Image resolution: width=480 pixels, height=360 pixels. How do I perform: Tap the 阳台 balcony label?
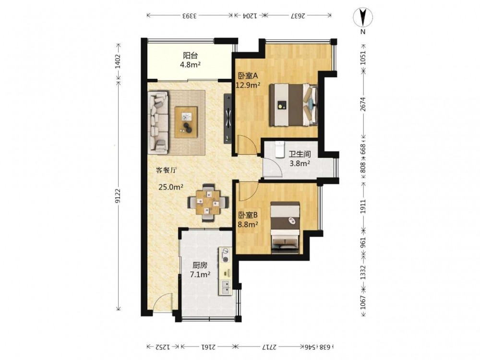[x=190, y=55]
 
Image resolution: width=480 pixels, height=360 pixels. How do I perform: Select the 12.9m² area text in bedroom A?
[x=248, y=85]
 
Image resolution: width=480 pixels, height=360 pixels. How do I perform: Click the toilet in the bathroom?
[x=279, y=149]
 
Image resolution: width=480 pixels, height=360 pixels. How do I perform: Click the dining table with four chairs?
[x=208, y=203]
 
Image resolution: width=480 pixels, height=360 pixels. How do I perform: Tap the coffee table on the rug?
[x=186, y=122]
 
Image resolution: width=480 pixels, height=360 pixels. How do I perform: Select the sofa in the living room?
[x=158, y=122]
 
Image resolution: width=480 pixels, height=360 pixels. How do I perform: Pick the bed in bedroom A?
[x=293, y=105]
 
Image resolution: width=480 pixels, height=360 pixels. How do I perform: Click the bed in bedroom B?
[x=285, y=228]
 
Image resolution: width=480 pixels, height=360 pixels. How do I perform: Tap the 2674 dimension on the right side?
[x=363, y=104]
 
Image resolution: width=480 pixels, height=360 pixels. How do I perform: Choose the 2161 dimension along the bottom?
[x=208, y=347]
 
